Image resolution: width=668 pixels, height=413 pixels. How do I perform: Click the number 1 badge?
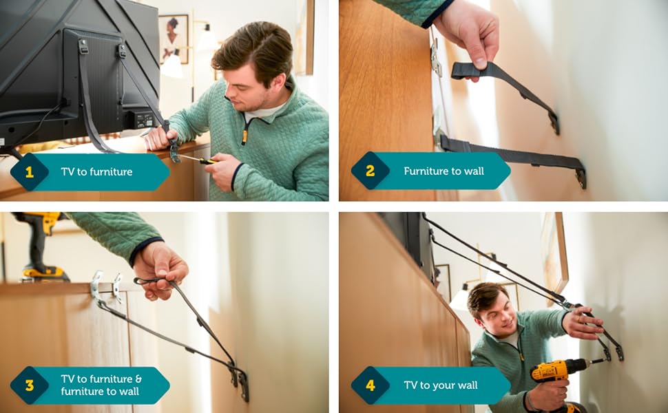pos(30,171)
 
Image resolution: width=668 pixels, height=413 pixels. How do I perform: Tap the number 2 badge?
pos(370,171)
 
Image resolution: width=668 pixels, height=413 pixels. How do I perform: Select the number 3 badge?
pos(30,385)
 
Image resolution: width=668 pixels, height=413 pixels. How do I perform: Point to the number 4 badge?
pos(370,385)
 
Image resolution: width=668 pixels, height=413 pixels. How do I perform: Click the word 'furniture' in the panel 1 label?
pos(111,171)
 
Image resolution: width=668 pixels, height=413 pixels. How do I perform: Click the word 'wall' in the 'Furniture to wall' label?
pos(474,171)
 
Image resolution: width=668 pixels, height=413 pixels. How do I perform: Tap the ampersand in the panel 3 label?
pos(138,379)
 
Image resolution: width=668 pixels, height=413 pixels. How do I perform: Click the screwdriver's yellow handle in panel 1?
pos(208,161)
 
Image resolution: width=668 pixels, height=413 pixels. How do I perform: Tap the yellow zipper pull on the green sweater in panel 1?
pos(244,137)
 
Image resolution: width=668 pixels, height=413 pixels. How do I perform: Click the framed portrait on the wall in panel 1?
pos(174,39)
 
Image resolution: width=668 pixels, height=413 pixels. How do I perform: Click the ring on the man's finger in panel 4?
pos(578,319)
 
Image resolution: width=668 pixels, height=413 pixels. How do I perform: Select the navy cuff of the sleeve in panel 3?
pos(145,251)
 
